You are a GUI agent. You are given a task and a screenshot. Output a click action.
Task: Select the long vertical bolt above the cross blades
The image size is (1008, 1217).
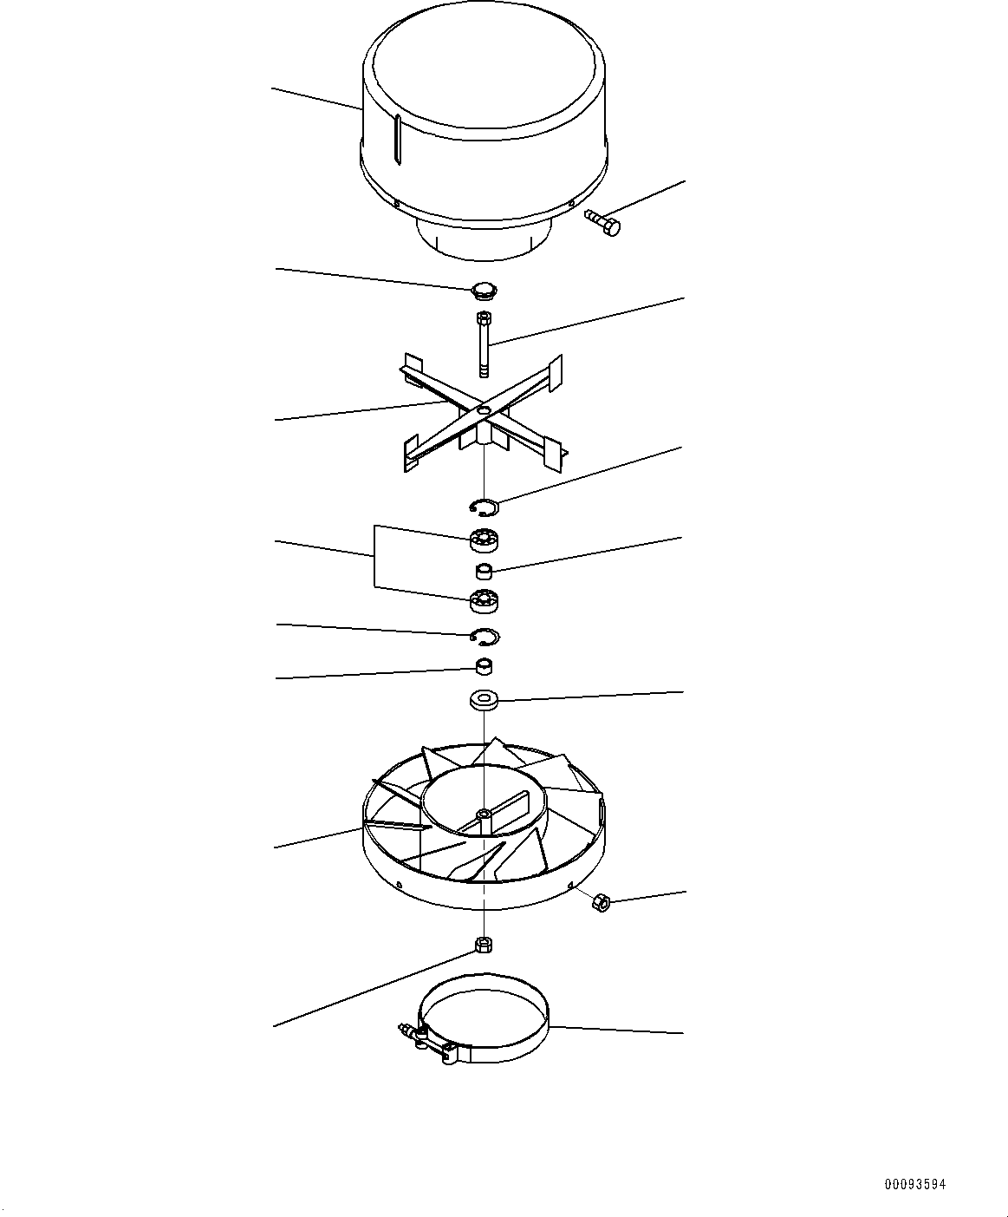pyautogui.click(x=483, y=344)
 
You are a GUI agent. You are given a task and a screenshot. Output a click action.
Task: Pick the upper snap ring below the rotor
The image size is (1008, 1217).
pyautogui.click(x=484, y=506)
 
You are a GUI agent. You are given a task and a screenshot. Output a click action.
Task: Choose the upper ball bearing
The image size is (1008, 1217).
pyautogui.click(x=484, y=540)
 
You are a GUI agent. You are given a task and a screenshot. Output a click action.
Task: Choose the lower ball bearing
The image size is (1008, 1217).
pyautogui.click(x=484, y=599)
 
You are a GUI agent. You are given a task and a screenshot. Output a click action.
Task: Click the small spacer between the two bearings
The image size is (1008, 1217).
pyautogui.click(x=484, y=571)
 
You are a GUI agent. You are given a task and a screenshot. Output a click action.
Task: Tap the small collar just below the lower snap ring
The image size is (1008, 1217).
pyautogui.click(x=484, y=667)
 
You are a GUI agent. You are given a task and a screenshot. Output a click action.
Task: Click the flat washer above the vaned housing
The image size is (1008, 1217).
pyautogui.click(x=484, y=699)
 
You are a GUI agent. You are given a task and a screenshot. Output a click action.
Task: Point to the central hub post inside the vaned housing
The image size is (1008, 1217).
pyautogui.click(x=483, y=815)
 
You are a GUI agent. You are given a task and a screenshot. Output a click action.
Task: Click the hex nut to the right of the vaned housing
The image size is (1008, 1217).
pyautogui.click(x=599, y=903)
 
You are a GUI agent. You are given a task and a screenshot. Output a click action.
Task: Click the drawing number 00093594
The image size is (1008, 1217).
pyautogui.click(x=914, y=1184)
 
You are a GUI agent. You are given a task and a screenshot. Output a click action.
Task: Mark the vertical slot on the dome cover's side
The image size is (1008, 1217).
pyautogui.click(x=396, y=139)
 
